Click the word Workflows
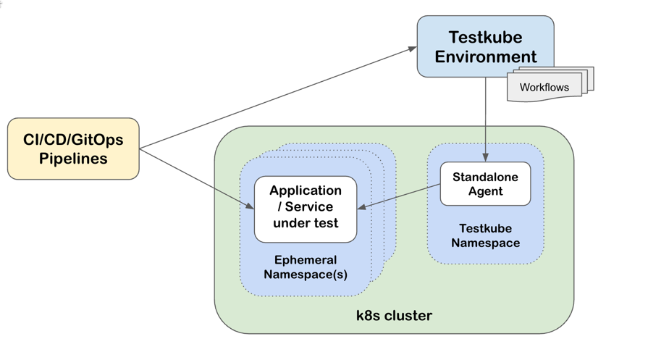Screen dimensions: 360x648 [544, 88]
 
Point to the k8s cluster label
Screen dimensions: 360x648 [394, 315]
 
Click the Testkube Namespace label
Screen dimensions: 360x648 [485, 235]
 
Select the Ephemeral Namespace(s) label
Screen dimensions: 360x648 [306, 267]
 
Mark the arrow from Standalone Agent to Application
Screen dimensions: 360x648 [400, 197]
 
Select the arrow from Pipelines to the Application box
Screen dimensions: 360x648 [197, 179]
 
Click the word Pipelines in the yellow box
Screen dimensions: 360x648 [73, 159]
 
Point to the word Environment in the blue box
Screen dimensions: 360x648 [486, 56]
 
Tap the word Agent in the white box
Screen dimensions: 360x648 [485, 191]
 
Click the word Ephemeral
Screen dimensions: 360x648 [306, 259]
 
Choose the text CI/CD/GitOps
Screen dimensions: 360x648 [73, 140]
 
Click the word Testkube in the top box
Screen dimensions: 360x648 [485, 37]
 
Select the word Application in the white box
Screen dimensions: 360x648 [306, 191]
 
